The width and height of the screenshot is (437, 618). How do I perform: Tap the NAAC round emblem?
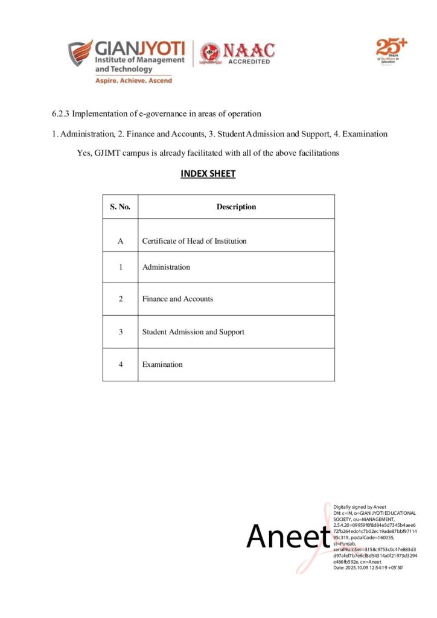click(211, 53)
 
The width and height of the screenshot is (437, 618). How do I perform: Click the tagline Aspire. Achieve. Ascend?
click(133, 80)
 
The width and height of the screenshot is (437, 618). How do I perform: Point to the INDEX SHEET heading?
click(208, 174)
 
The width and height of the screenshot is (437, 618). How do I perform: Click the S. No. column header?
click(120, 206)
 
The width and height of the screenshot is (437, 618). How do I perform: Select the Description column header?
click(236, 206)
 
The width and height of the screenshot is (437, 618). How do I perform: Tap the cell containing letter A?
click(120, 241)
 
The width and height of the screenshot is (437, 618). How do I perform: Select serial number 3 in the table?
click(120, 331)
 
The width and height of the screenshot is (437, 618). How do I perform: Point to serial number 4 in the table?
click(120, 364)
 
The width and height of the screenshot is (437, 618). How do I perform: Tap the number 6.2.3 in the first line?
click(60, 113)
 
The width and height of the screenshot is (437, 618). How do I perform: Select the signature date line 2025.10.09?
click(368, 568)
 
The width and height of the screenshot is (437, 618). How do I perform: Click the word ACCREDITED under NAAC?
click(249, 62)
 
